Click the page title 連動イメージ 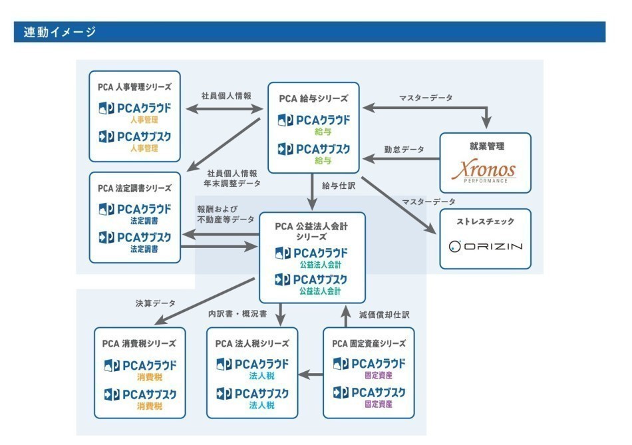pyautogui.click(x=60, y=32)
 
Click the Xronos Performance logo pyautogui.click(x=485, y=171)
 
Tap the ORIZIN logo pyautogui.click(x=485, y=246)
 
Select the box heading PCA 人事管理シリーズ pyautogui.click(x=134, y=86)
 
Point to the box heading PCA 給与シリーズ pyautogui.click(x=313, y=98)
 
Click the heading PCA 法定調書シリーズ pyautogui.click(x=134, y=188)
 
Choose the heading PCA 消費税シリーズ pyautogui.click(x=139, y=344)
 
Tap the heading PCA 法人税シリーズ pyautogui.click(x=252, y=344)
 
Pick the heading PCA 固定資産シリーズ pyautogui.click(x=369, y=344)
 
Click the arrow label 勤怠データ pyautogui.click(x=404, y=150)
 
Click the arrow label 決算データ pyautogui.click(x=155, y=303)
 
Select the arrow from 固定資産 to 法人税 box pyautogui.click(x=310, y=374)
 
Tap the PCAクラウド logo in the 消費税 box pyautogui.click(x=140, y=366)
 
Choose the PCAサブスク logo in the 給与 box pyautogui.click(x=313, y=149)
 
